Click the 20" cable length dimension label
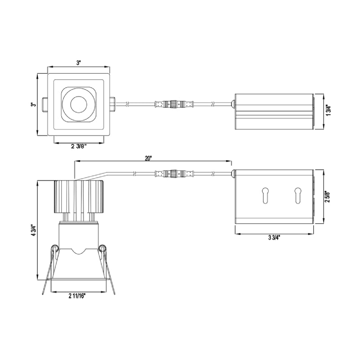148,158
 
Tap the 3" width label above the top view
78,63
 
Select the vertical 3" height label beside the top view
33,104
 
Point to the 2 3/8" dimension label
79,146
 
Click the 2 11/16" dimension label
77,296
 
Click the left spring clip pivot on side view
54,247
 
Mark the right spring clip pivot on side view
103,247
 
